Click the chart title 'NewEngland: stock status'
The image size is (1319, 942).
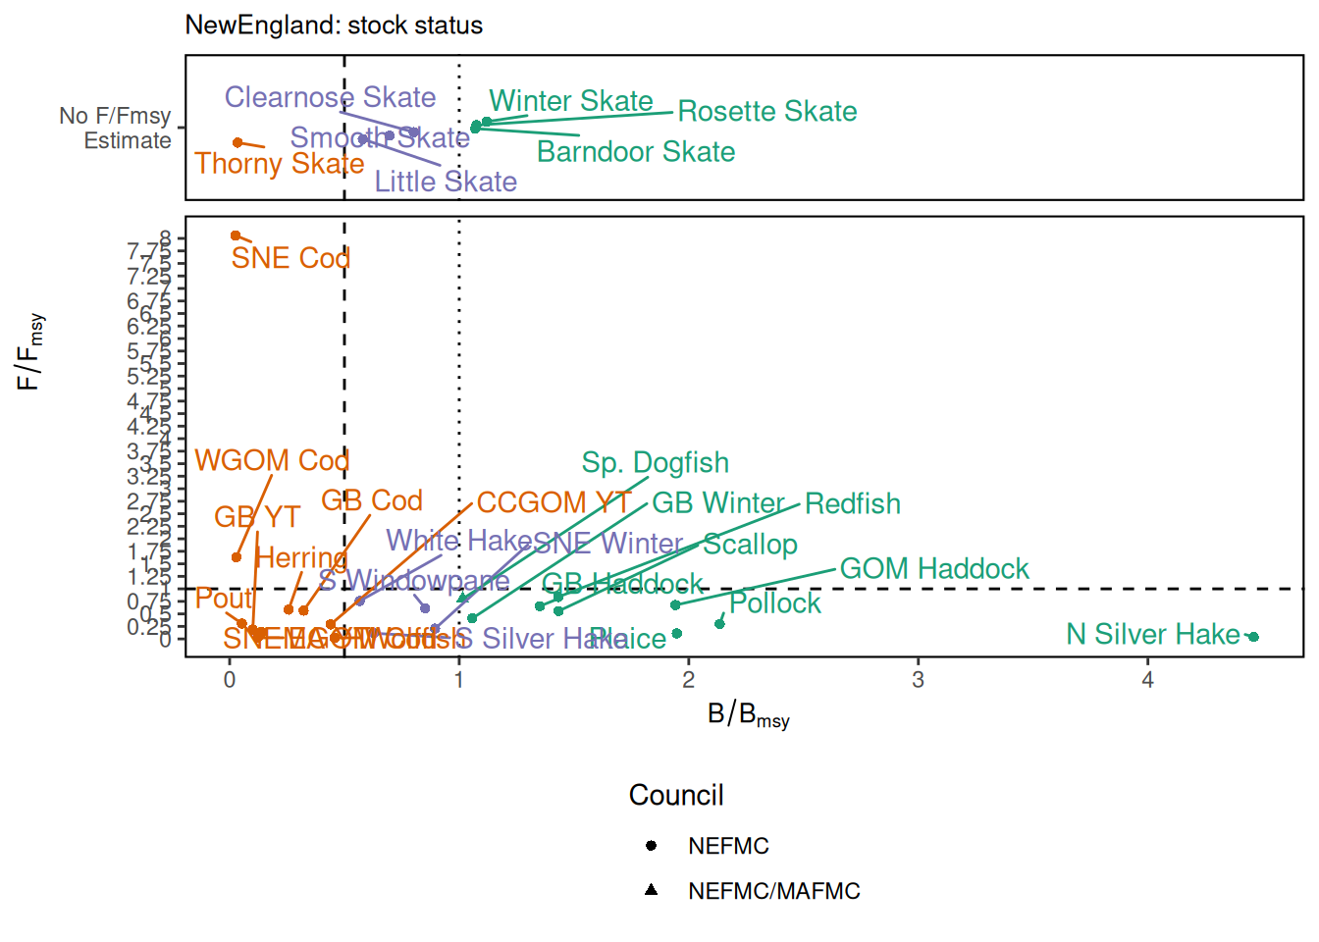[x=334, y=26]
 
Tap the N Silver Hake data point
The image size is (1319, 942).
[x=1253, y=637]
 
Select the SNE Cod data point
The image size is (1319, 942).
[x=236, y=235]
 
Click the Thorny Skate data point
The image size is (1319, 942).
[x=237, y=142]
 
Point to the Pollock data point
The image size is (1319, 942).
[x=719, y=624]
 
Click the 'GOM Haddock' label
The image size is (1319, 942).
[x=934, y=569]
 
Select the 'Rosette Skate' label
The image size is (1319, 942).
[x=767, y=112]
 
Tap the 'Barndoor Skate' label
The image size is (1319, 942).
[x=636, y=152]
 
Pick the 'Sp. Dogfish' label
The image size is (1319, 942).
[x=656, y=463]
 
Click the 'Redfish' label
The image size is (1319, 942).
[x=853, y=504]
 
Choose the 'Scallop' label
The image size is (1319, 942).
[x=751, y=545]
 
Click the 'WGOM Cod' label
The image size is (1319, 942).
[x=272, y=461]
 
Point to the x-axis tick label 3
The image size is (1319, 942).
[x=918, y=680]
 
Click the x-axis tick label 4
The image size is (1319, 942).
[x=1147, y=680]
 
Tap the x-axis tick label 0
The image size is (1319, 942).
[x=230, y=680]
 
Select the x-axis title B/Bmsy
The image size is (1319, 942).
[x=748, y=715]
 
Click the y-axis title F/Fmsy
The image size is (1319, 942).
[x=29, y=351]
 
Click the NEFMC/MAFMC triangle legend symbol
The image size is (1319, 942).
[x=651, y=890]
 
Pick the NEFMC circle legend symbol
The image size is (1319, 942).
[x=651, y=846]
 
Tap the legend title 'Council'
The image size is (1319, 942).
[x=676, y=795]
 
